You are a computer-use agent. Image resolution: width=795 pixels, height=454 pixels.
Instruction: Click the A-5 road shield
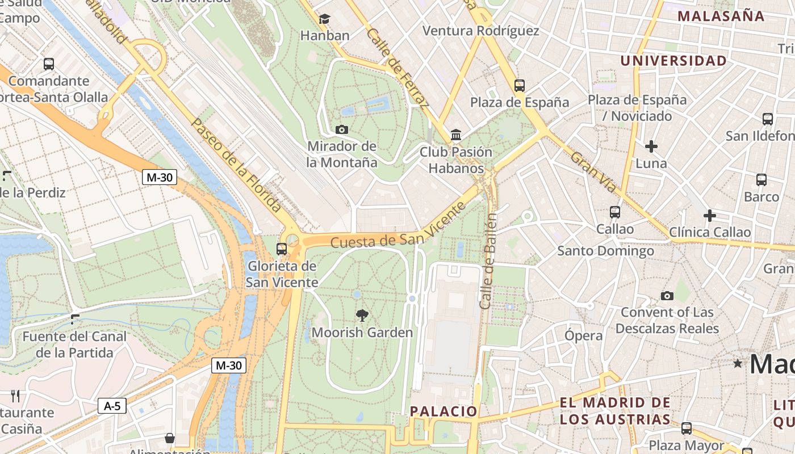112,406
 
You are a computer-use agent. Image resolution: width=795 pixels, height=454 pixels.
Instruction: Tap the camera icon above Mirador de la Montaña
341,129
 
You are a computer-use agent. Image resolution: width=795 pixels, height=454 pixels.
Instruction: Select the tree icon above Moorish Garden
362,316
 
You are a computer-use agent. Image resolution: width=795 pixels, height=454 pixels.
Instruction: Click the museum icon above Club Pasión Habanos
455,135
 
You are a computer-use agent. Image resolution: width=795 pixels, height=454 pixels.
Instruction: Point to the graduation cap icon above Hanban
324,19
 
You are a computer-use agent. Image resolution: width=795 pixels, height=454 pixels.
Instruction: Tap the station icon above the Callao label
614,212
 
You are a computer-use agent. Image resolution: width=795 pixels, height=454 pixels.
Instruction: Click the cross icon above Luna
651,146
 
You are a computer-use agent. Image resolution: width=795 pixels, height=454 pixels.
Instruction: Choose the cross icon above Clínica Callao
709,216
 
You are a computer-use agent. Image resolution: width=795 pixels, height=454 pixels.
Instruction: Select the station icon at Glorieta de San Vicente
281,249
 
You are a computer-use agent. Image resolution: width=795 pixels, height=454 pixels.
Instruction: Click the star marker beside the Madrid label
738,363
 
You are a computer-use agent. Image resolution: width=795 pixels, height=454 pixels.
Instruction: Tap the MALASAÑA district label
721,16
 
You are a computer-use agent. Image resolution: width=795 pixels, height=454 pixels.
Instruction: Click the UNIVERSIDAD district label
673,61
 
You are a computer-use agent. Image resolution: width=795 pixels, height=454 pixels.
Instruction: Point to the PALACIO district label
443,411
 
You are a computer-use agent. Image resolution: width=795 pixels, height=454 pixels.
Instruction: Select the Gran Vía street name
593,171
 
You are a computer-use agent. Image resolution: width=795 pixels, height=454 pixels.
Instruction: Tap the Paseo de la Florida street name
236,165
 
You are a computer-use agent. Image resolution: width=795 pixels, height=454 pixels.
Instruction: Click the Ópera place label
583,335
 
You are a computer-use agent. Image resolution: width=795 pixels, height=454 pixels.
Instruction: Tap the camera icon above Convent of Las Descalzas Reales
667,296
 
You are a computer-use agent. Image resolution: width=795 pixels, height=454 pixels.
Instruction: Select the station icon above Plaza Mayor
687,428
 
